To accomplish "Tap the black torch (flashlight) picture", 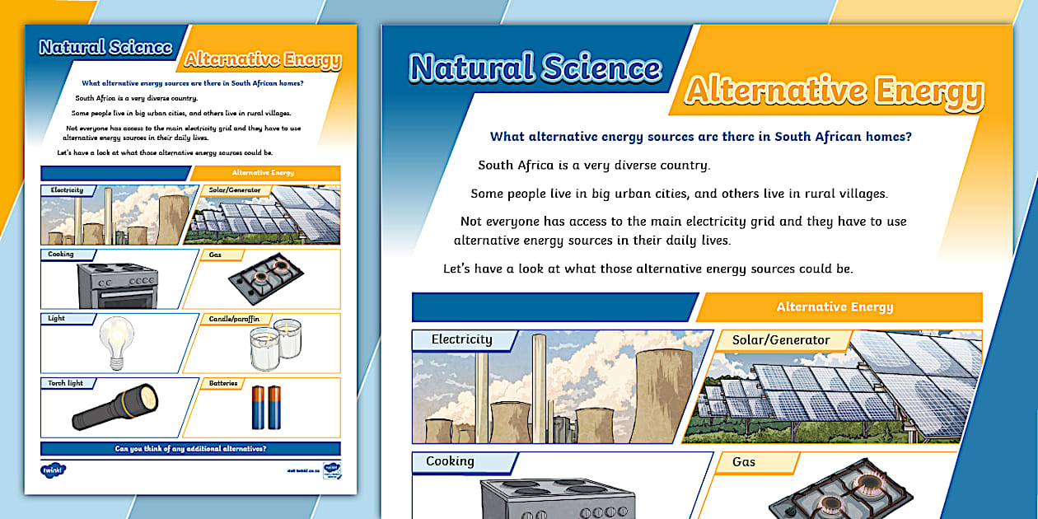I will click(115, 406).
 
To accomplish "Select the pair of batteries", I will click(266, 408).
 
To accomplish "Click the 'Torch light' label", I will click(67, 383).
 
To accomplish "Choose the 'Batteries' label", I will click(223, 383).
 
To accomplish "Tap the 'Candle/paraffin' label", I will click(233, 318).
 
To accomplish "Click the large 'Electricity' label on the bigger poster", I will click(461, 339).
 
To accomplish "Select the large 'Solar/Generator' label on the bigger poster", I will click(780, 339).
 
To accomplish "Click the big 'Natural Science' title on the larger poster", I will click(535, 68).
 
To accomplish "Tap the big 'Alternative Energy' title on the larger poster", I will click(834, 91).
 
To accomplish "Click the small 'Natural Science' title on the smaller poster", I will click(105, 47).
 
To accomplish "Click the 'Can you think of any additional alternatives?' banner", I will click(190, 449).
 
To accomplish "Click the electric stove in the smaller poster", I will click(117, 285).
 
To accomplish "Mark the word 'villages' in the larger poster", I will click(858, 194).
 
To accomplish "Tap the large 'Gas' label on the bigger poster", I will click(744, 462).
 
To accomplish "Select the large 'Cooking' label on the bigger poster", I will click(450, 461).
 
